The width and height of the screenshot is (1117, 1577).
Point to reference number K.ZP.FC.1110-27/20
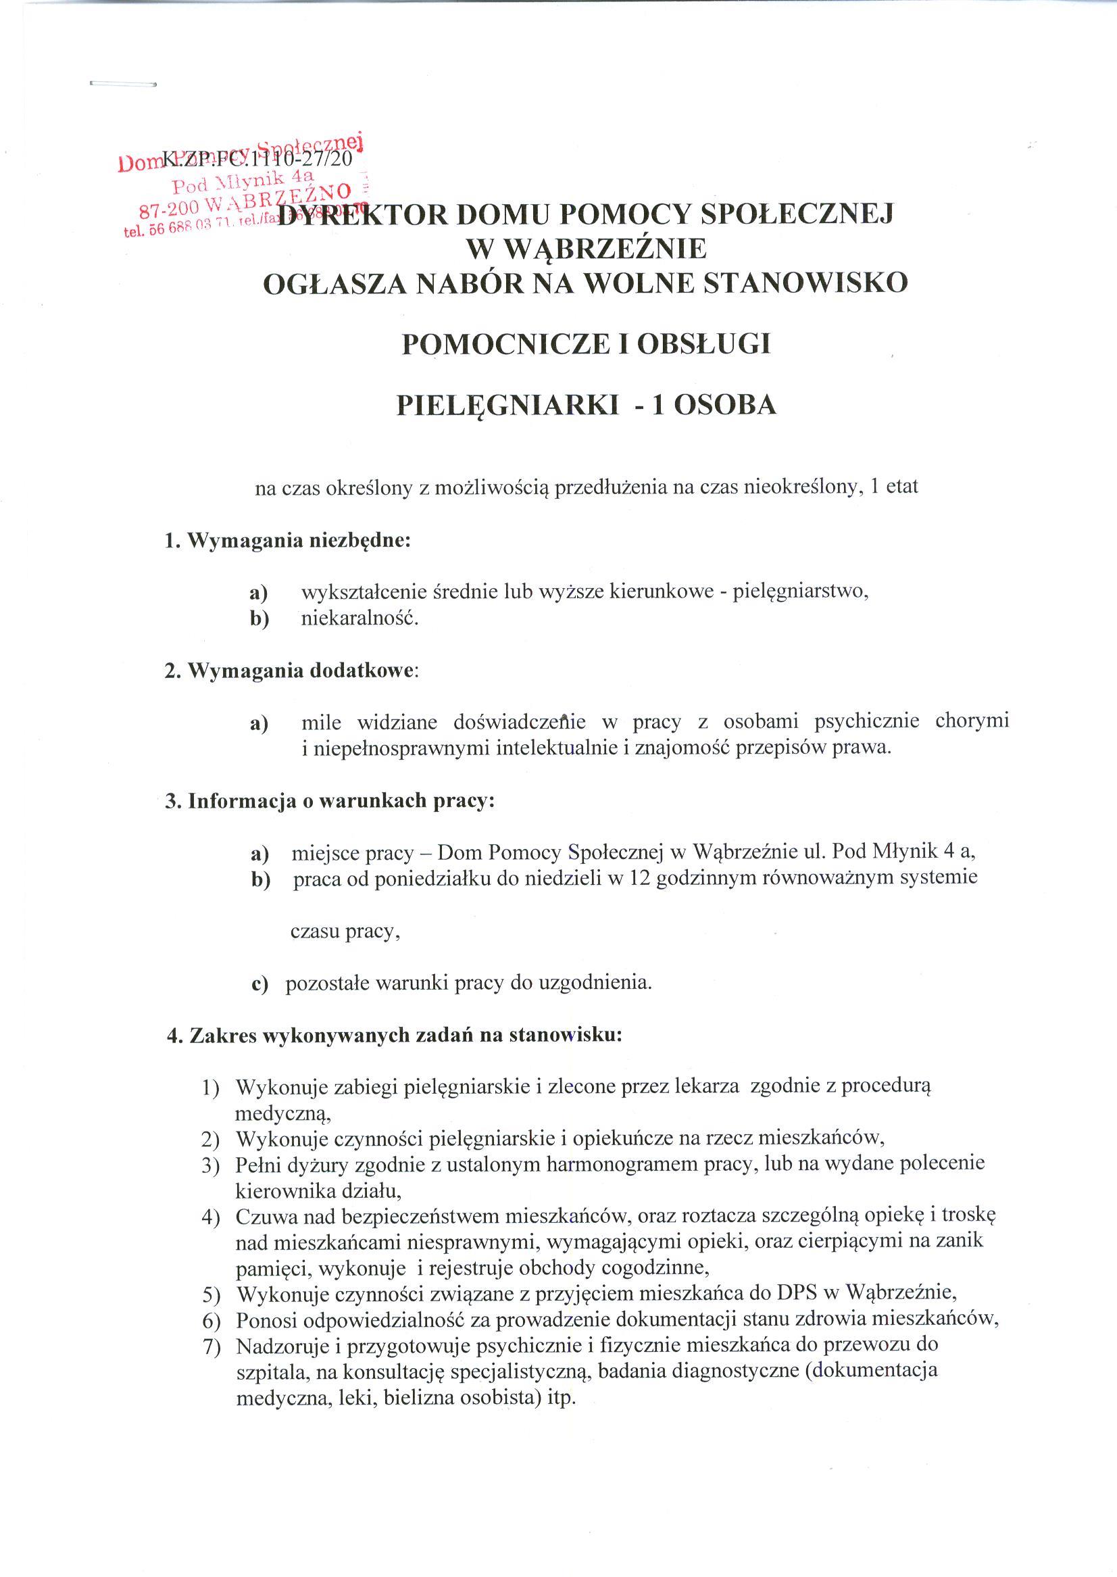258,160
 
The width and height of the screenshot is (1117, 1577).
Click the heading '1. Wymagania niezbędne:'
287,541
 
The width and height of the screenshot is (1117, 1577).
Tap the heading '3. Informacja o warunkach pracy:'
330,802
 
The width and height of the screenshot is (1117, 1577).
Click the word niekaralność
359,619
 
